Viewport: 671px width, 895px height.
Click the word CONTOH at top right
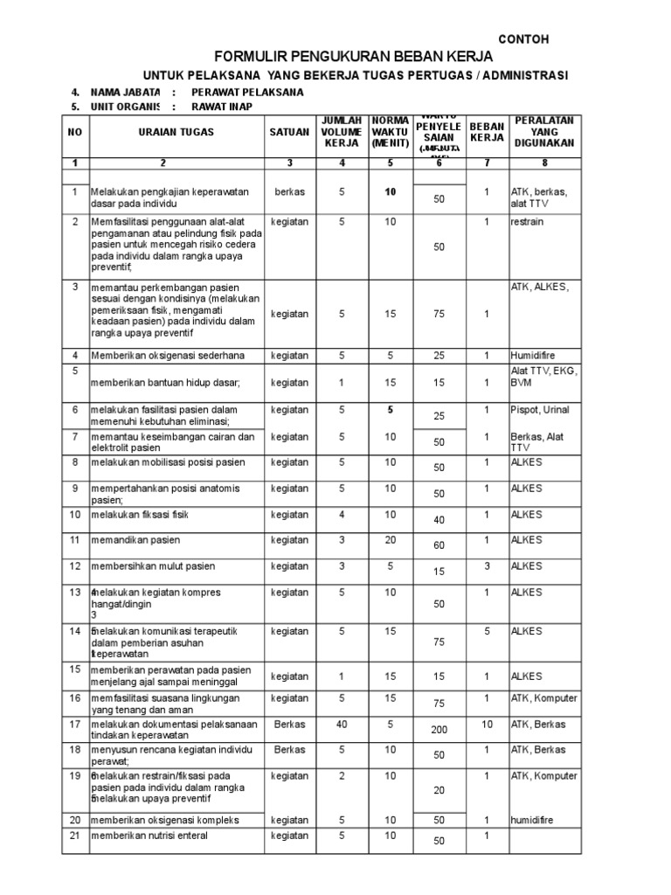524,40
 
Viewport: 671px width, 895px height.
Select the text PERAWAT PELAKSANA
249,92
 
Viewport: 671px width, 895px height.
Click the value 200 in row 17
439,729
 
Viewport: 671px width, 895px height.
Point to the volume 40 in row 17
342,724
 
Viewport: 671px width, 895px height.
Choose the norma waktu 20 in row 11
390,540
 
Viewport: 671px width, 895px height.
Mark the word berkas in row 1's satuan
289,191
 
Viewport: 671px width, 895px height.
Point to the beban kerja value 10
487,724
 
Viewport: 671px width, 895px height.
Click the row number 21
75,836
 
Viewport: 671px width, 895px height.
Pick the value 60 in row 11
439,545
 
